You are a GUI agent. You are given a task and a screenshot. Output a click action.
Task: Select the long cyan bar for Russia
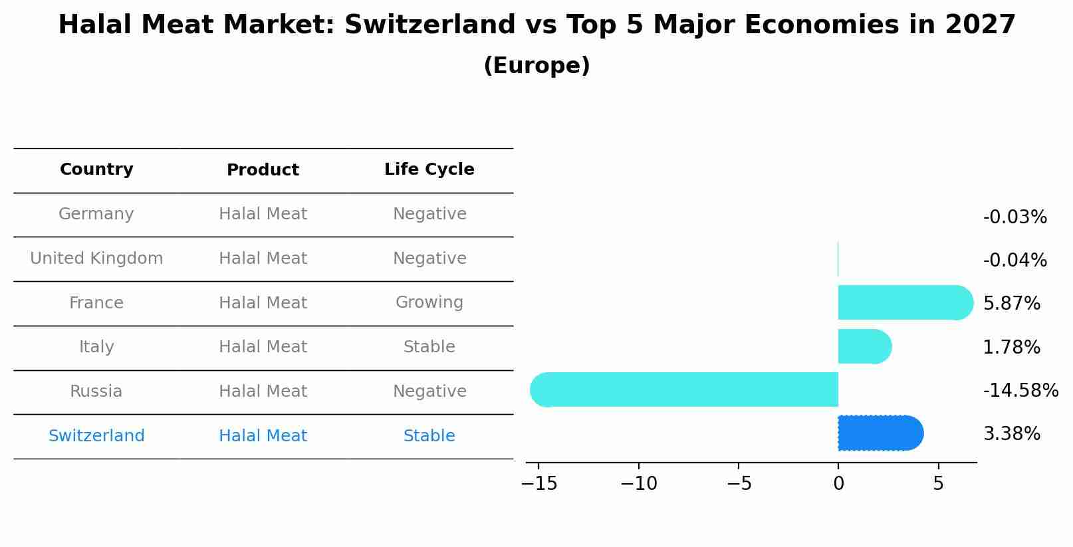[x=685, y=389]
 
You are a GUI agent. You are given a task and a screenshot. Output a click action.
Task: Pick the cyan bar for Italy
[x=864, y=346]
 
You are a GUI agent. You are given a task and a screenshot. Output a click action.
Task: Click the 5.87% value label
[x=1011, y=304]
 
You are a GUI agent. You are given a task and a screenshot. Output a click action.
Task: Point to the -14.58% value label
[x=1020, y=390]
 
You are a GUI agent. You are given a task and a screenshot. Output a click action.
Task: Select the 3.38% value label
[x=1011, y=434]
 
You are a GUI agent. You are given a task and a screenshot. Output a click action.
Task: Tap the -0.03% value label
[x=1014, y=217]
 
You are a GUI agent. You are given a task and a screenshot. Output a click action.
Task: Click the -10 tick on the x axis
[x=638, y=484]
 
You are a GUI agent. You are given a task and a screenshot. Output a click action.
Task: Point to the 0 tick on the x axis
[x=838, y=484]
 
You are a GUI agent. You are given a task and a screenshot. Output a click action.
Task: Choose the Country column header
[x=96, y=169]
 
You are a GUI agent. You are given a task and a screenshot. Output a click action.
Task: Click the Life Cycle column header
[x=429, y=169]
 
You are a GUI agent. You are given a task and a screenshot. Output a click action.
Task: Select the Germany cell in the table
[x=96, y=214]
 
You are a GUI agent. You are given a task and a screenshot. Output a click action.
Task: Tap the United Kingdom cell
[x=96, y=259]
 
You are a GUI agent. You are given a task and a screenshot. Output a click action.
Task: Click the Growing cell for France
[x=429, y=302]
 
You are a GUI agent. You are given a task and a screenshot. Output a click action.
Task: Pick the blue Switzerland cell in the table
[x=96, y=436]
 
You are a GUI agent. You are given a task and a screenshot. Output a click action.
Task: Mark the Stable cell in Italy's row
[x=429, y=347]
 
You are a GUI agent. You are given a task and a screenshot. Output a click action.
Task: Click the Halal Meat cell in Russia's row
[x=263, y=391]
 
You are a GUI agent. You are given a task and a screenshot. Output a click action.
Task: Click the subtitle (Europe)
[x=536, y=66]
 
